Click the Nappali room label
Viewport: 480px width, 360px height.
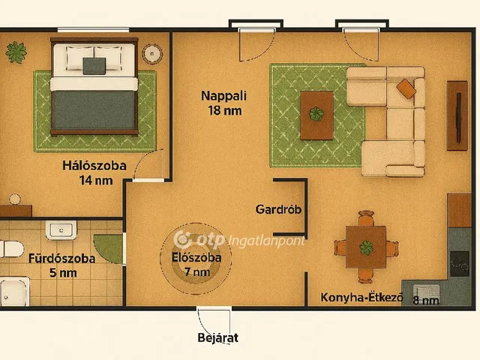point(223,96)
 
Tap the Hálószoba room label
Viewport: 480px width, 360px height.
point(94,166)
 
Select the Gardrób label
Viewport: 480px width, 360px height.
point(278,209)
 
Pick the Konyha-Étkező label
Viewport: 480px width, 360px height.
point(361,298)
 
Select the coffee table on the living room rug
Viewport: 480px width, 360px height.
point(317,115)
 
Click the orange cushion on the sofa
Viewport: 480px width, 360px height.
point(406,88)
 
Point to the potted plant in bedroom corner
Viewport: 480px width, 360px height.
point(16,52)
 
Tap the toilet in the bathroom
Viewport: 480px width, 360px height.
point(10,248)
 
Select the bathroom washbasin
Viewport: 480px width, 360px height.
point(59,229)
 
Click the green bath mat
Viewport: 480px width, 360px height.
point(108,247)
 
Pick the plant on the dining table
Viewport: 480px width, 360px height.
point(367,247)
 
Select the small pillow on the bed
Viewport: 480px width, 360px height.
point(94,65)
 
